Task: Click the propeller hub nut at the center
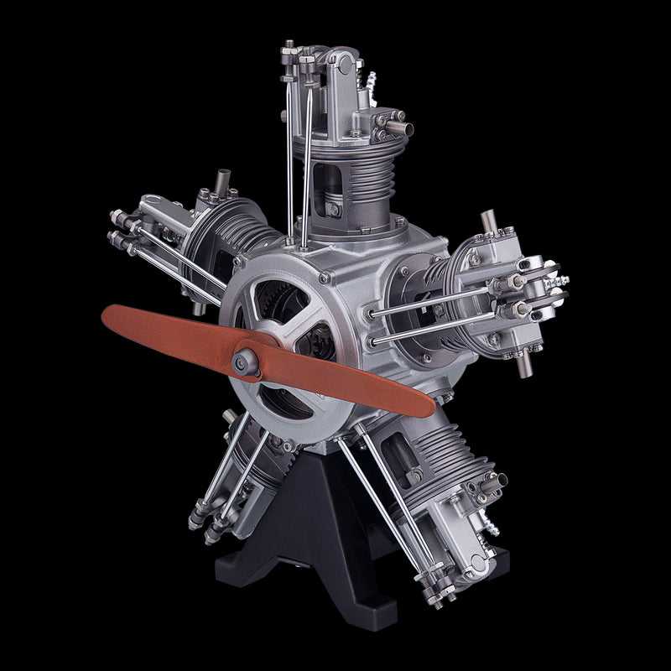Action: [245, 360]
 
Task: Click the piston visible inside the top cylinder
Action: [332, 205]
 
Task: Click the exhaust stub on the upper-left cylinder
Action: [223, 180]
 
